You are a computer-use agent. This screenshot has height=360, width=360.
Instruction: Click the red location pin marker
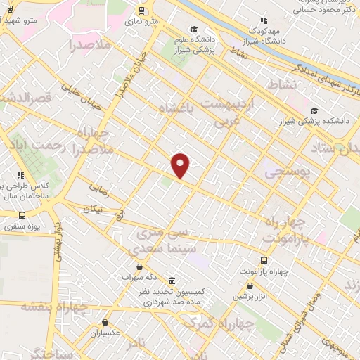pyautogui.click(x=181, y=165)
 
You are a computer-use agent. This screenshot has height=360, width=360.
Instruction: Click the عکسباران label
pyautogui.click(x=105, y=333)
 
